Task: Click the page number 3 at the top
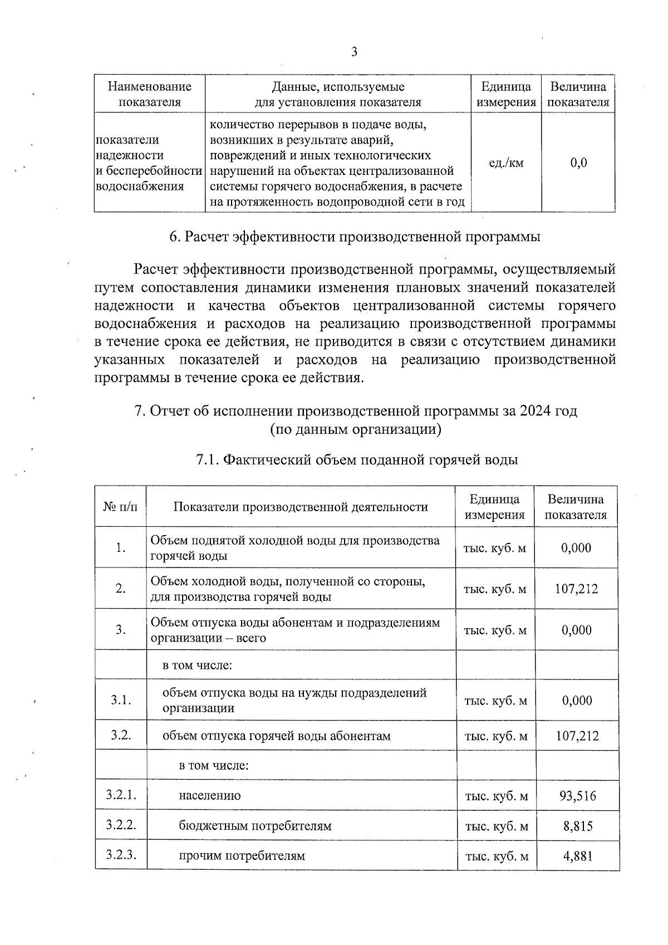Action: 354,52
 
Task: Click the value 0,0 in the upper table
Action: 578,163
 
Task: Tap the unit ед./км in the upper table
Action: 506,163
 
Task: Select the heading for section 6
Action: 355,237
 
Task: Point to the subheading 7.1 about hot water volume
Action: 357,460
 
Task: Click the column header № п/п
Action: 120,507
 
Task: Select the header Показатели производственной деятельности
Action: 301,507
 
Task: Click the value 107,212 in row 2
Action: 576,589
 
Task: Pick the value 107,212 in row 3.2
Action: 577,736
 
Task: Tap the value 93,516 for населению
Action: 577,796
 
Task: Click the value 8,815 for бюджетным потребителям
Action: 577,826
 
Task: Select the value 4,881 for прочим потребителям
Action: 577,856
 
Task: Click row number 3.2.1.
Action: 121,795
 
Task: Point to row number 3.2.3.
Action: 121,855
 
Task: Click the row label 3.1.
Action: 121,700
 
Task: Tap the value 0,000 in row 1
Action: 576,548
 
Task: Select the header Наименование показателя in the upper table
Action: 149,94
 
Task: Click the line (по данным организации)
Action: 356,429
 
